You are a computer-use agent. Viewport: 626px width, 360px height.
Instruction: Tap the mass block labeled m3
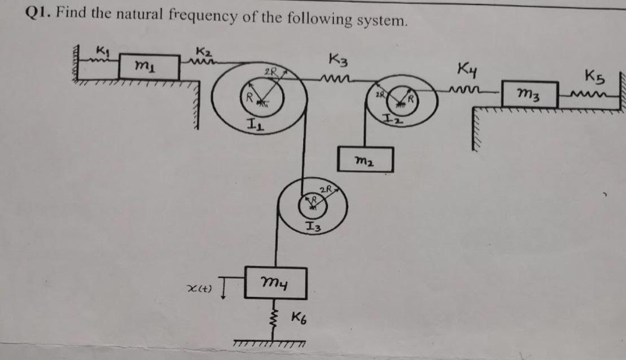pos(531,93)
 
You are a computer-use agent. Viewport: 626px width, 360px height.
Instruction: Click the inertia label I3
pos(313,227)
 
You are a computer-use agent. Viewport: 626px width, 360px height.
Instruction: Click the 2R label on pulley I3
pos(326,188)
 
